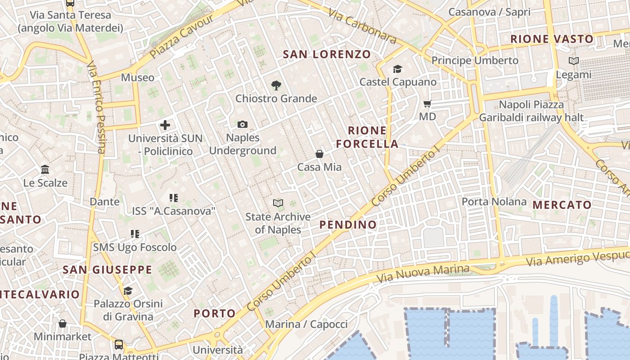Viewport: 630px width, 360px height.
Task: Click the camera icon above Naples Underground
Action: click(x=242, y=124)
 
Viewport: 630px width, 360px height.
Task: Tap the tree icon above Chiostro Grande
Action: click(x=276, y=85)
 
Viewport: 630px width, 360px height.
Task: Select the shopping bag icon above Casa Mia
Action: click(x=319, y=154)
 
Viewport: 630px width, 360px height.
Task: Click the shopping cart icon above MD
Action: click(x=427, y=104)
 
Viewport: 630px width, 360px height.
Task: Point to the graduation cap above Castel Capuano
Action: click(x=397, y=69)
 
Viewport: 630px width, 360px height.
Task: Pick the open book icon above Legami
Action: click(x=573, y=61)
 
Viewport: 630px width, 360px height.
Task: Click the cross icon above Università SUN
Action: click(x=165, y=125)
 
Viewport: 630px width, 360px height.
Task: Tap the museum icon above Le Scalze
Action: click(x=45, y=170)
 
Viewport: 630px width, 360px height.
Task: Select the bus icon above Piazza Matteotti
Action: click(x=119, y=345)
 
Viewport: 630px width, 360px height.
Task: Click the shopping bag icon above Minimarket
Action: click(x=63, y=324)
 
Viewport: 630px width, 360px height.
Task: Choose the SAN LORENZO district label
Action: click(x=327, y=54)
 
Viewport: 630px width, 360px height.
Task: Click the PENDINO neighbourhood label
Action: click(x=348, y=225)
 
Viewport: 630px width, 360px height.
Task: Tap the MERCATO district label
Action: click(x=562, y=205)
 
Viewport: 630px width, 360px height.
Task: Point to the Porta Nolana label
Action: click(x=494, y=201)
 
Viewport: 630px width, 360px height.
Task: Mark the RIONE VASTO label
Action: click(x=552, y=39)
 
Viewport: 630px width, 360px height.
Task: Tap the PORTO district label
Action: click(x=215, y=313)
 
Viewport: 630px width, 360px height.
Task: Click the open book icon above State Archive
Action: click(x=278, y=203)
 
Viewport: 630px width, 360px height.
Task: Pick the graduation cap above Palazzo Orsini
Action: click(x=128, y=291)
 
